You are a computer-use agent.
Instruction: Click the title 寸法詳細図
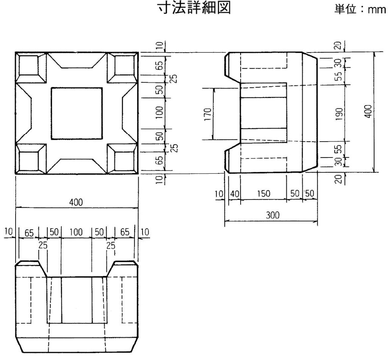[194, 8]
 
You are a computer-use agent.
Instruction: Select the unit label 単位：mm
[360, 9]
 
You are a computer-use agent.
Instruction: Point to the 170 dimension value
[208, 114]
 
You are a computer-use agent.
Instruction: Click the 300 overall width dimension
[272, 215]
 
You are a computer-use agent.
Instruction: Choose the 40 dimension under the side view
[235, 194]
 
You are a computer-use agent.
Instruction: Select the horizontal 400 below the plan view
[76, 203]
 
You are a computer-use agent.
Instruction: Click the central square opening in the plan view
[77, 113]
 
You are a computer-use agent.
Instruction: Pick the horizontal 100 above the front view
[76, 232]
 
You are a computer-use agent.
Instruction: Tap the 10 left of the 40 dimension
[219, 194]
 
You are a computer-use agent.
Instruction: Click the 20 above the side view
[339, 45]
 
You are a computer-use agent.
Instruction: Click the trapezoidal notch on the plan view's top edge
[77, 60]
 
